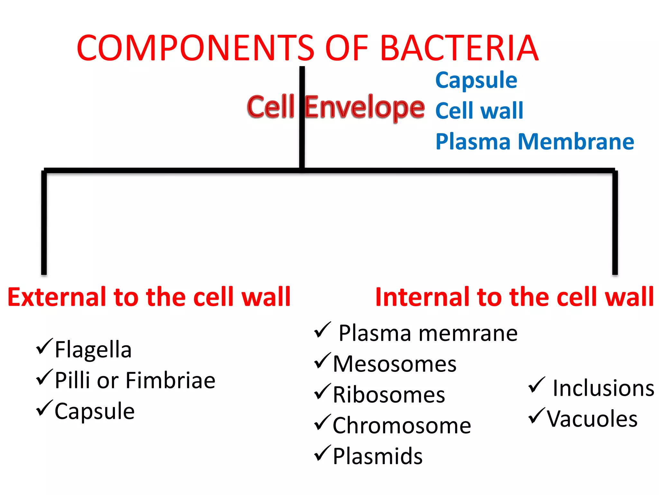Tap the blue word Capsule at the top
476,81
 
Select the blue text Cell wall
479,111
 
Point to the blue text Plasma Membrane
534,142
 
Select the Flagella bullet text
93,350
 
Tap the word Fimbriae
170,381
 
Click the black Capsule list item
94,412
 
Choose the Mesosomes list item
394,364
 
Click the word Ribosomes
389,395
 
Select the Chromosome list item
402,426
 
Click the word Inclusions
603,388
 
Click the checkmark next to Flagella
44,346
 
